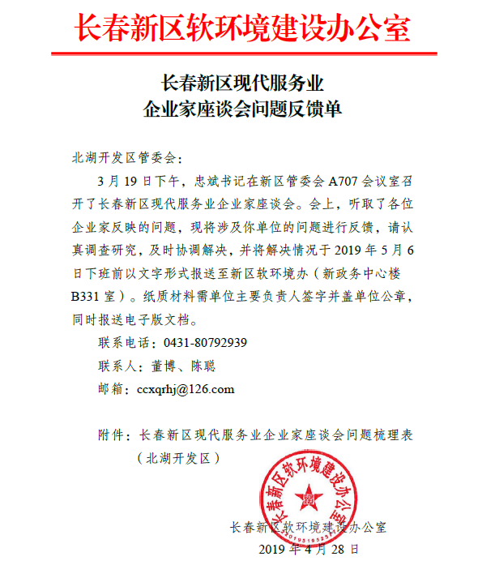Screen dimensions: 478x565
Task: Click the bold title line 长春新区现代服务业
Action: [242, 83]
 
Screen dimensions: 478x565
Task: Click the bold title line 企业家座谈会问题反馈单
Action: [242, 109]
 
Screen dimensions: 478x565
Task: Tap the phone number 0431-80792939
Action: [205, 341]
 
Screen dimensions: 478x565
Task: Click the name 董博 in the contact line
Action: [164, 366]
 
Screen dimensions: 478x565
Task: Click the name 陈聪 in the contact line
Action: [203, 366]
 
